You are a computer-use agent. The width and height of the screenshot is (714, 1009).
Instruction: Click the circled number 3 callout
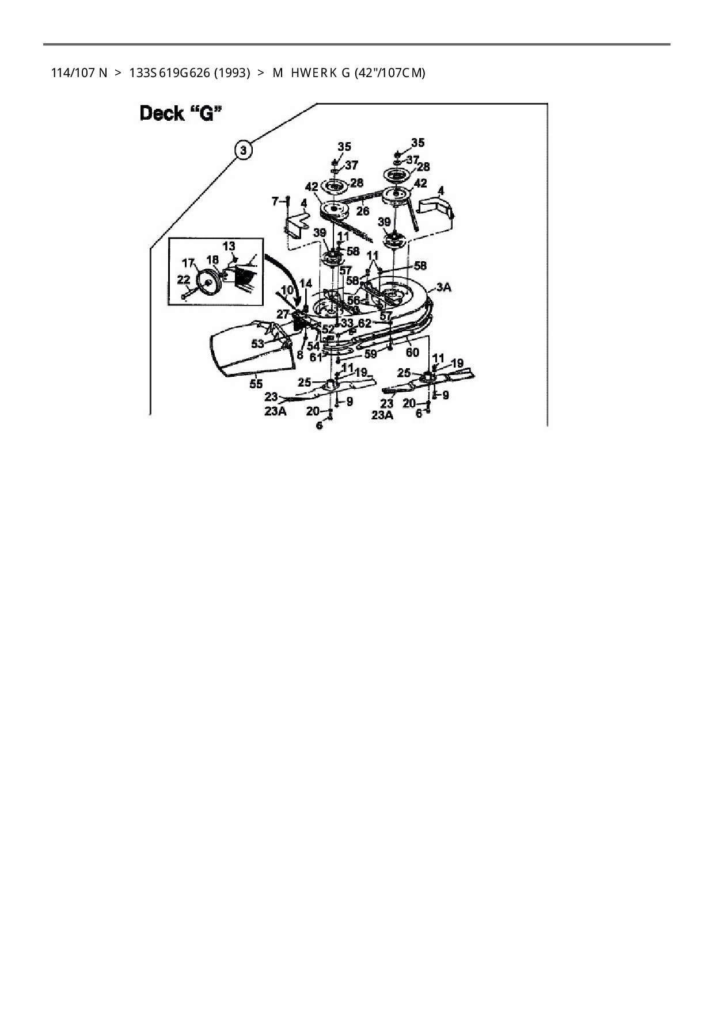(244, 150)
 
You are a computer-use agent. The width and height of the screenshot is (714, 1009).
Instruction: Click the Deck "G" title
(180, 113)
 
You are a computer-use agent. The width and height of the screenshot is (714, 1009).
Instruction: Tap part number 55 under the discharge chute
(256, 383)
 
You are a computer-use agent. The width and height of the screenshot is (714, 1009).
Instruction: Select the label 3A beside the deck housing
(443, 288)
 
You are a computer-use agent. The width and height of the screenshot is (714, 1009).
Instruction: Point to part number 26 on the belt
(362, 211)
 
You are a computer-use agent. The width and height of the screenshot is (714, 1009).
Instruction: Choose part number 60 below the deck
(412, 351)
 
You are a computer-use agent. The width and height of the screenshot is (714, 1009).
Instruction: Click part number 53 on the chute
(257, 343)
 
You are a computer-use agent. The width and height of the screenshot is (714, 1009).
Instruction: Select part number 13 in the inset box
(229, 246)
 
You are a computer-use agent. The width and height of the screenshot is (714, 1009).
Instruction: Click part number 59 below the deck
(370, 354)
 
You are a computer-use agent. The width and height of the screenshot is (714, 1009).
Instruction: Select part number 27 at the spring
(283, 314)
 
